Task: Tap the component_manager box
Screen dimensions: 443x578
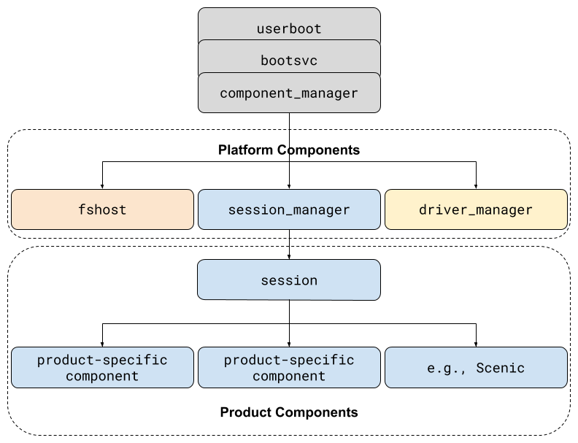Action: pos(289,93)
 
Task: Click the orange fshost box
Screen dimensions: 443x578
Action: pos(102,209)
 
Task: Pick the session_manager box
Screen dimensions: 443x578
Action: pos(289,209)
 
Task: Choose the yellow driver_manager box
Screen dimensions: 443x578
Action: pos(476,209)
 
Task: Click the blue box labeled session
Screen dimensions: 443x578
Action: pos(289,280)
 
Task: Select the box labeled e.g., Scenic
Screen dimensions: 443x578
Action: pos(476,367)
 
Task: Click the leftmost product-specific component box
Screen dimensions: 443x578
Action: pos(102,367)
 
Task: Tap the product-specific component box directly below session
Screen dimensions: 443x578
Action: pos(289,367)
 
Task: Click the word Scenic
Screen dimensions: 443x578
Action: pos(500,367)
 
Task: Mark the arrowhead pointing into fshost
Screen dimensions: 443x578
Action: pos(102,185)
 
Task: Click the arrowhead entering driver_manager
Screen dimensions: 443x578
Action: pos(476,185)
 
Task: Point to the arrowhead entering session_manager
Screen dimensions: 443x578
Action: pos(289,185)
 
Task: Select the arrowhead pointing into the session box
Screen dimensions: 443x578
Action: pos(289,256)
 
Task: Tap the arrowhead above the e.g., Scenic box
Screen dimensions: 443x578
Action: pos(476,343)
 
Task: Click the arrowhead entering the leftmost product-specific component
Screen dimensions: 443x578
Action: pos(102,343)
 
